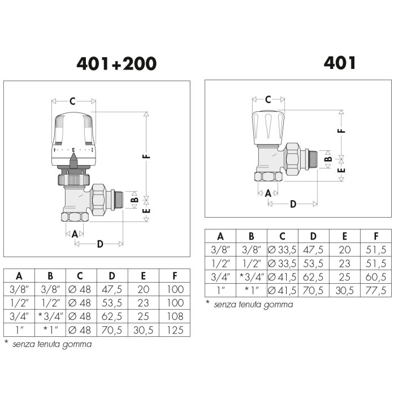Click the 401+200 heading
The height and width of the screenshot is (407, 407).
pos(116,63)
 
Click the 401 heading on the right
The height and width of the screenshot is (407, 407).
pos(340,63)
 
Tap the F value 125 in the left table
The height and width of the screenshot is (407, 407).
pos(175,330)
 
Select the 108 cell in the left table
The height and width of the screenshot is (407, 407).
pos(175,316)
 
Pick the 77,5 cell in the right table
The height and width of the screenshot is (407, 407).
pos(376,290)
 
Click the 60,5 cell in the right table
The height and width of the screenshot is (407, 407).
pos(376,276)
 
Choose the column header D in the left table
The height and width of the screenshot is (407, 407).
pos(112,276)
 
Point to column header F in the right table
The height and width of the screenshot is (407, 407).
pos(376,236)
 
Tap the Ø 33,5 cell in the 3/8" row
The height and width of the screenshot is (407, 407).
pos(282,250)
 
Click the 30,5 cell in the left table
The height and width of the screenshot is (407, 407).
pos(143,330)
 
